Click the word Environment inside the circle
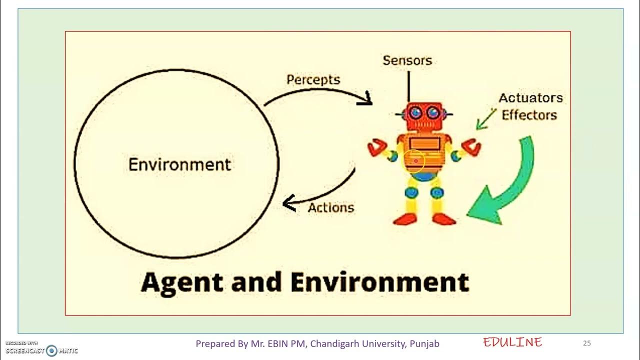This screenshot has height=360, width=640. (179, 164)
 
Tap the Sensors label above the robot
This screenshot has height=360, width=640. (407, 60)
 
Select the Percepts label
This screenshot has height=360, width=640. (313, 80)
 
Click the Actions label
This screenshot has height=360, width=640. (330, 207)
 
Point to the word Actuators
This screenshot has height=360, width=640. (530, 98)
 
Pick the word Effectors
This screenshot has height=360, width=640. (529, 115)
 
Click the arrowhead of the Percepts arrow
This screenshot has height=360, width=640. (366, 99)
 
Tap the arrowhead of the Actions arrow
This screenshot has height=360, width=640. (288, 203)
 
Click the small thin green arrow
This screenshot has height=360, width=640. (484, 120)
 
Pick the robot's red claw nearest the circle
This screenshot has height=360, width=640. (377, 148)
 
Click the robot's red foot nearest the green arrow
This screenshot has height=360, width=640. (444, 219)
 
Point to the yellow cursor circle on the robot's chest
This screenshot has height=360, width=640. (414, 161)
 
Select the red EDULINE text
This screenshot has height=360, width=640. (512, 342)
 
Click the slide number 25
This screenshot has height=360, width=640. (587, 343)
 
